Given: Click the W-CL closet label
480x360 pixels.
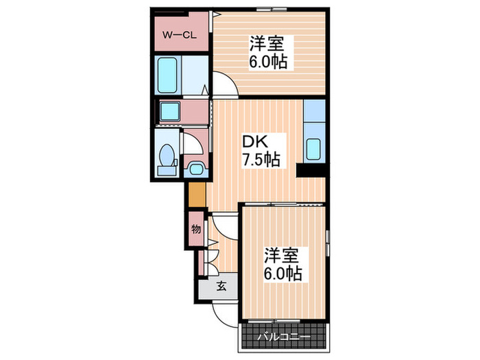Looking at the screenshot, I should [x=180, y=34].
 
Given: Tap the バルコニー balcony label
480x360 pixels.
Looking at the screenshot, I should [x=283, y=337].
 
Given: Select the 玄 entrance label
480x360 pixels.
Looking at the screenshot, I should [x=221, y=287].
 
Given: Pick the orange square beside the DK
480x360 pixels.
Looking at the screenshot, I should [x=196, y=195].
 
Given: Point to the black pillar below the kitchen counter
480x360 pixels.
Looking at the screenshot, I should [x=310, y=171].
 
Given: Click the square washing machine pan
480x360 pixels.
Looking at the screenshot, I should [x=169, y=111].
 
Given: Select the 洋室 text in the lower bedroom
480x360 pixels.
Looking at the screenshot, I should [x=283, y=255].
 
